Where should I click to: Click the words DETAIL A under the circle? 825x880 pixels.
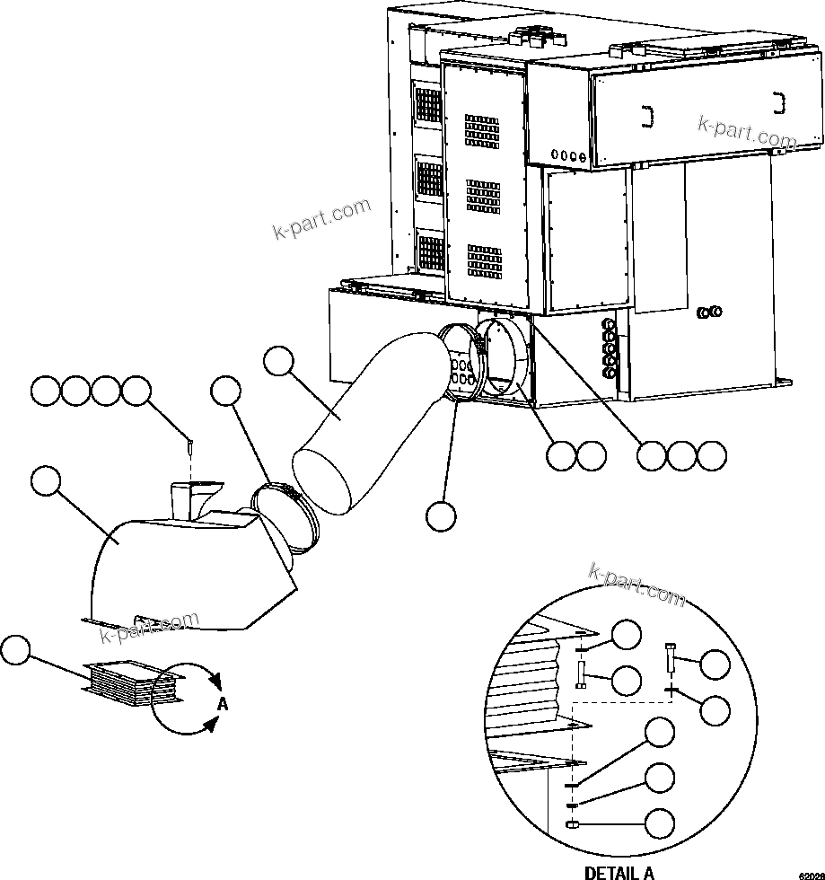click(x=619, y=872)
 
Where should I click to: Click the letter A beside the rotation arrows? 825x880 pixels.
click(x=223, y=704)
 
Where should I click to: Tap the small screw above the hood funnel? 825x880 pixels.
click(x=190, y=444)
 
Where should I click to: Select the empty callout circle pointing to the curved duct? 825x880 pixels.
click(x=278, y=362)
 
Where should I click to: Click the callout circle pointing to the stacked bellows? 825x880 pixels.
click(x=17, y=650)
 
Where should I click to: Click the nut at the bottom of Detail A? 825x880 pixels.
click(x=569, y=824)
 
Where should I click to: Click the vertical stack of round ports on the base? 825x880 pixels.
click(x=610, y=345)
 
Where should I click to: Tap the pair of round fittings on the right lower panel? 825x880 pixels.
click(x=710, y=312)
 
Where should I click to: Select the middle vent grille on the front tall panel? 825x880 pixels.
click(x=484, y=195)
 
